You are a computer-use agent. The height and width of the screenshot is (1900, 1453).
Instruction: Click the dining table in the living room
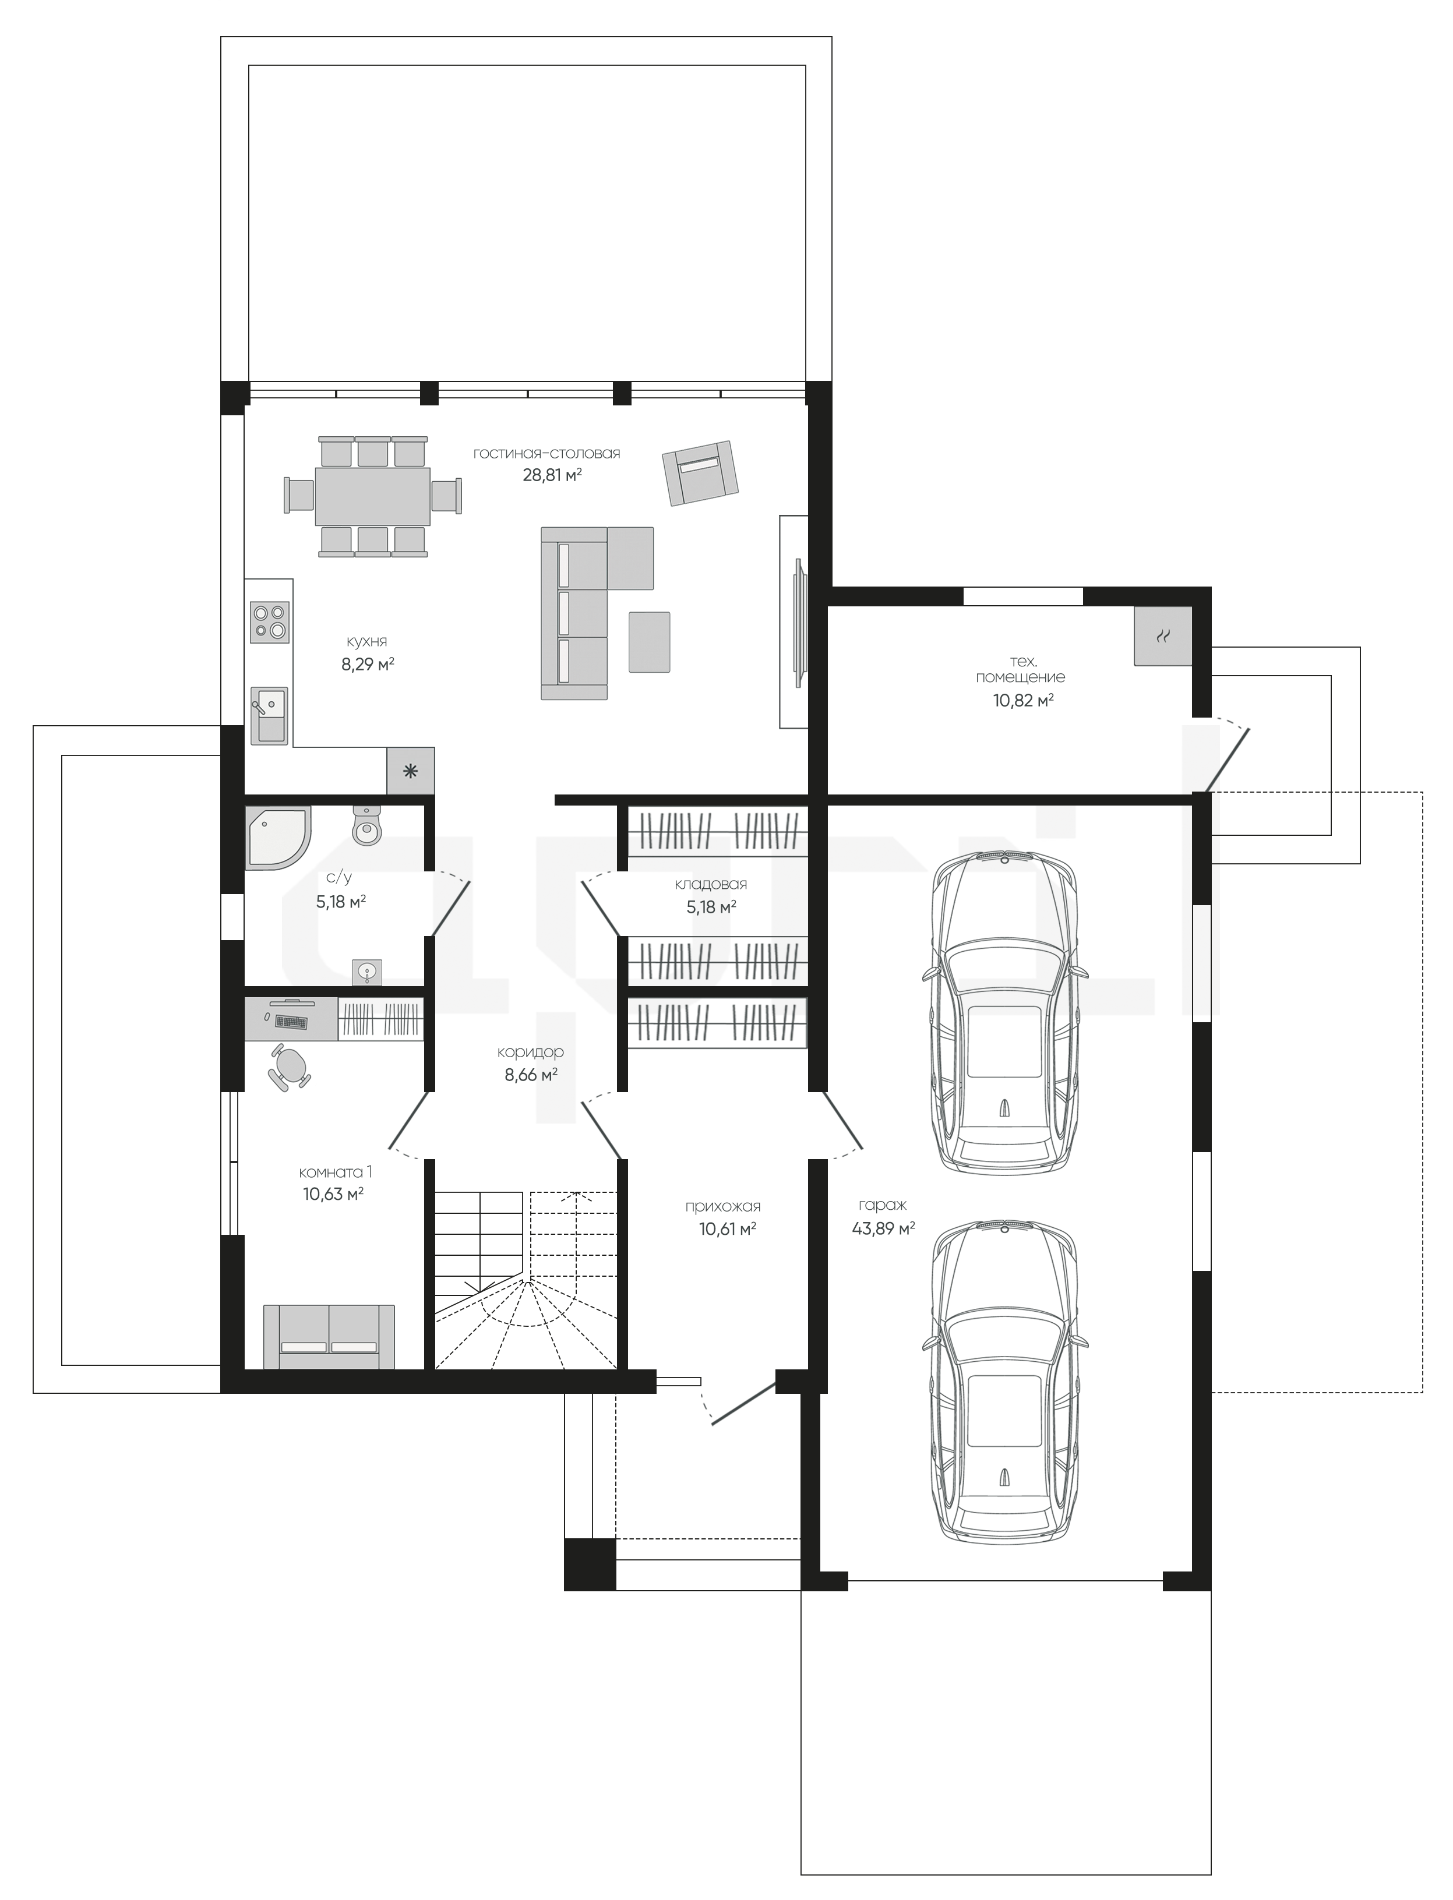click(373, 496)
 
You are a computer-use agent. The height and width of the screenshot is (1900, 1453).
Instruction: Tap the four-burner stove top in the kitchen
click(270, 622)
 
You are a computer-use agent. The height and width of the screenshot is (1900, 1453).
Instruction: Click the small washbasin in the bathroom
click(368, 972)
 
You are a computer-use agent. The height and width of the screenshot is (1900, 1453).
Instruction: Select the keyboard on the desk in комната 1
click(291, 1020)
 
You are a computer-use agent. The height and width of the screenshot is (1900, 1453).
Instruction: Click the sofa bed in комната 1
click(329, 1337)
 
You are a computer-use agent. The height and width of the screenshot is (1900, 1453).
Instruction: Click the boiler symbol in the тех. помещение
click(1163, 635)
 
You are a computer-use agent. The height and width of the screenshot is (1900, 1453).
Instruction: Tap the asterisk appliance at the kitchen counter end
click(410, 771)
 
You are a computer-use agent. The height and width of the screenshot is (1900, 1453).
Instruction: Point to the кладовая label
click(711, 884)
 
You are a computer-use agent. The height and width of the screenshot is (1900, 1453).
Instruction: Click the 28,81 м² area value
click(552, 474)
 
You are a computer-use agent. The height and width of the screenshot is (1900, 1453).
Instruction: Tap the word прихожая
click(723, 1206)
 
